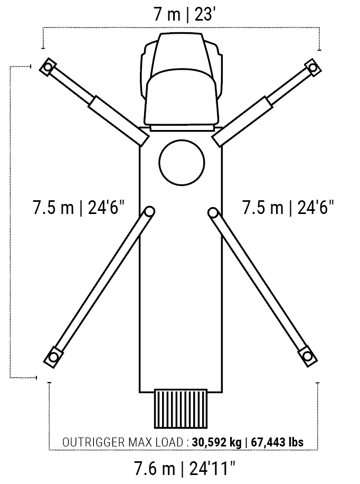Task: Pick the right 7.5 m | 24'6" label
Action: click(x=288, y=207)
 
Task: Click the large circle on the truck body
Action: click(x=182, y=163)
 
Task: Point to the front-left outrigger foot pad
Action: click(x=48, y=67)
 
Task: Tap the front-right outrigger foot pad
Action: click(x=313, y=67)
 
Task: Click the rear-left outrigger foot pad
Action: click(x=53, y=357)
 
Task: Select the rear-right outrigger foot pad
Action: click(x=307, y=357)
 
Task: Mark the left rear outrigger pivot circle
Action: click(x=149, y=211)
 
